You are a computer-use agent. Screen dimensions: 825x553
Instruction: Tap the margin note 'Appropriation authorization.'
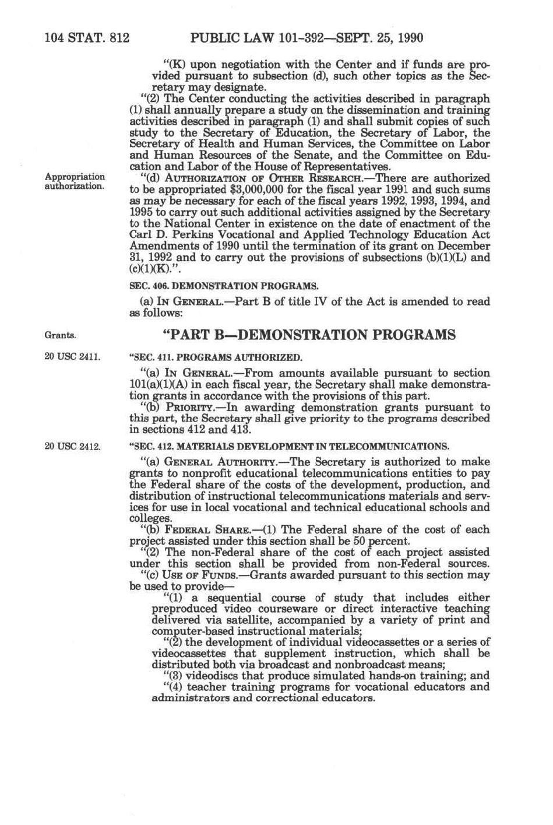point(75,181)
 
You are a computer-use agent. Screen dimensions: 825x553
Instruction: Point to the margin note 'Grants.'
point(61,335)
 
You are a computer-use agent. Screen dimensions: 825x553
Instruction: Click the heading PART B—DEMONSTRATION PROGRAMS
point(309,335)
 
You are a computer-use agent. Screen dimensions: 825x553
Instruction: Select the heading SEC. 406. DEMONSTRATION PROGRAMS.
point(224,286)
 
